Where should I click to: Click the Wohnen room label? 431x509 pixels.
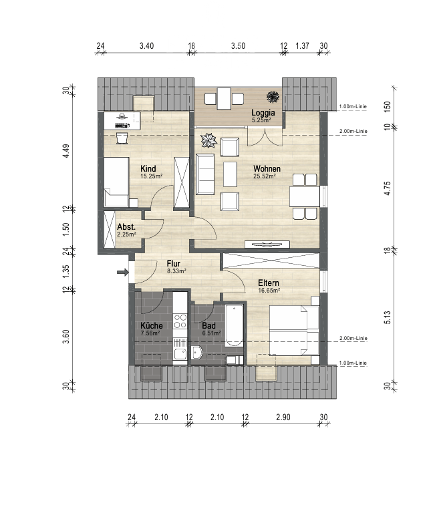(x=266, y=168)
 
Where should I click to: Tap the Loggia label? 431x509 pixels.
(x=261, y=112)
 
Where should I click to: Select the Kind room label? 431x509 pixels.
(x=148, y=168)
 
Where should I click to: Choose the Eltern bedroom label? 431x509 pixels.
(x=269, y=283)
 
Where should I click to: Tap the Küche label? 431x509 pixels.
(x=149, y=326)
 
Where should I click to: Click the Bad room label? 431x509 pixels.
(x=209, y=326)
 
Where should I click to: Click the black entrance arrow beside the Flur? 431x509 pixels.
(x=122, y=272)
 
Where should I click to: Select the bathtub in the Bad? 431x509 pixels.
(x=234, y=325)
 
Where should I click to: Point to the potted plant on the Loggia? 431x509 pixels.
(x=273, y=96)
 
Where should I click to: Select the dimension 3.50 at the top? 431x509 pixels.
(x=238, y=46)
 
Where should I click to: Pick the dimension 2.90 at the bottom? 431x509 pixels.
(x=283, y=417)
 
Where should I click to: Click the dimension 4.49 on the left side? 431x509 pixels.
(x=66, y=150)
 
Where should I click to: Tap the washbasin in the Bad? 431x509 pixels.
(x=196, y=353)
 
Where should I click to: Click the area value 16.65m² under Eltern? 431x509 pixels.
(x=269, y=291)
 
